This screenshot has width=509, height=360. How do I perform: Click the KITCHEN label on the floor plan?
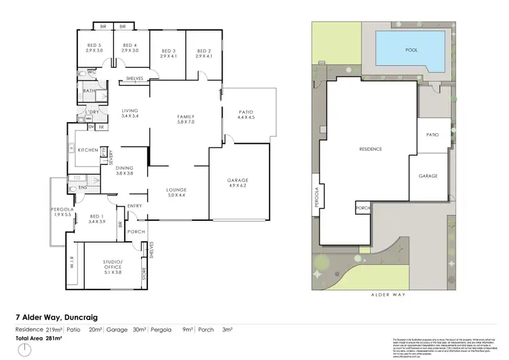[x=88, y=150]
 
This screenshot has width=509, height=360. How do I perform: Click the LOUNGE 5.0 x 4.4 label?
[x=176, y=192]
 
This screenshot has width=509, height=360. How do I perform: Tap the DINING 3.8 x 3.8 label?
[x=124, y=170]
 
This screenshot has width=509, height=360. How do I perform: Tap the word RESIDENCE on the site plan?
[x=371, y=149]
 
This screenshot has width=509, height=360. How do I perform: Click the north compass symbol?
[x=25, y=350]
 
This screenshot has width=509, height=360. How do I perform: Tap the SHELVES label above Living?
[x=134, y=79]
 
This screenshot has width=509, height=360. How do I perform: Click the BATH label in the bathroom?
[x=89, y=91]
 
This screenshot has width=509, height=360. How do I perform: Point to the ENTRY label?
[x=134, y=206]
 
